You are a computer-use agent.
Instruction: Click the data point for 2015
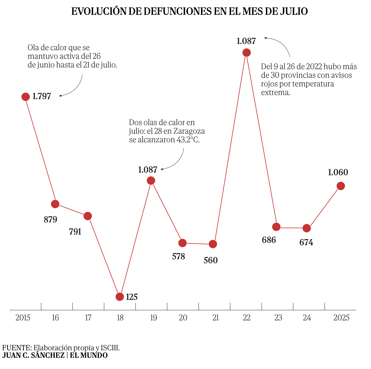pos(26,97)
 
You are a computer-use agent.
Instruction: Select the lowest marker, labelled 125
pos(120,297)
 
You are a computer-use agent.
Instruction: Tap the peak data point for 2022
pos(246,53)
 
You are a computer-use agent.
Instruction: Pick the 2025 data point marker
pos(341,186)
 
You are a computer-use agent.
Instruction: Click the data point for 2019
pos(151,180)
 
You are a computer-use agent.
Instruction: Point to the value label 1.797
pos(42,96)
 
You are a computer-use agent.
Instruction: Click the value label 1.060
pos(338,172)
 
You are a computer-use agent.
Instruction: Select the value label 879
pos(51,220)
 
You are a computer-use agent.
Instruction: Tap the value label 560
pos(210,260)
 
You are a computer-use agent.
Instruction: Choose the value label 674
pos(306,243)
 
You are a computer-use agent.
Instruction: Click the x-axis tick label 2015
pos(23,318)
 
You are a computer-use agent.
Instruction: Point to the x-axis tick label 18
pos(120,318)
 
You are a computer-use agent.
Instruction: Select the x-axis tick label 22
pos(246,318)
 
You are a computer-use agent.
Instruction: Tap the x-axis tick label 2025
pos(341,318)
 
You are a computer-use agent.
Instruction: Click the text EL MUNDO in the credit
pos(89,355)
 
